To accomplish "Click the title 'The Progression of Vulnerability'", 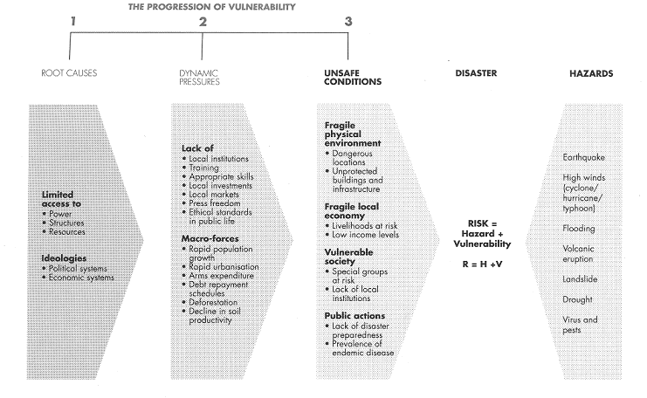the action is (211, 7).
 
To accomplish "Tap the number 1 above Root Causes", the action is (73, 21).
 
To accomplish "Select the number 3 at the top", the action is (348, 22).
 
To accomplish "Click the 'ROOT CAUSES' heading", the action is (69, 73).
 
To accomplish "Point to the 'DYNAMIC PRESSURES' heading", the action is (199, 78).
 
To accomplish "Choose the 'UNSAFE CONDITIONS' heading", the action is (353, 78).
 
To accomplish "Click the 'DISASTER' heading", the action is (476, 73).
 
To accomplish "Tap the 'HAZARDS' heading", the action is (591, 73).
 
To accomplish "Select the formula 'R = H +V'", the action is (482, 264).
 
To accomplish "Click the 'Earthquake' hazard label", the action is (583, 157).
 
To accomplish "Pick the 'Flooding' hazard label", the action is (579, 229).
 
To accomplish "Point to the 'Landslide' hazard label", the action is (580, 279).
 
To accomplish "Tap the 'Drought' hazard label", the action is (577, 299).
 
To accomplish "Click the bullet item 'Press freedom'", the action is (214, 203).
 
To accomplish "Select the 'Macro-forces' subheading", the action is (210, 238).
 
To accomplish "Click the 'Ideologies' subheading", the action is (64, 258).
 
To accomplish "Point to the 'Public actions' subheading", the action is (354, 316).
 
